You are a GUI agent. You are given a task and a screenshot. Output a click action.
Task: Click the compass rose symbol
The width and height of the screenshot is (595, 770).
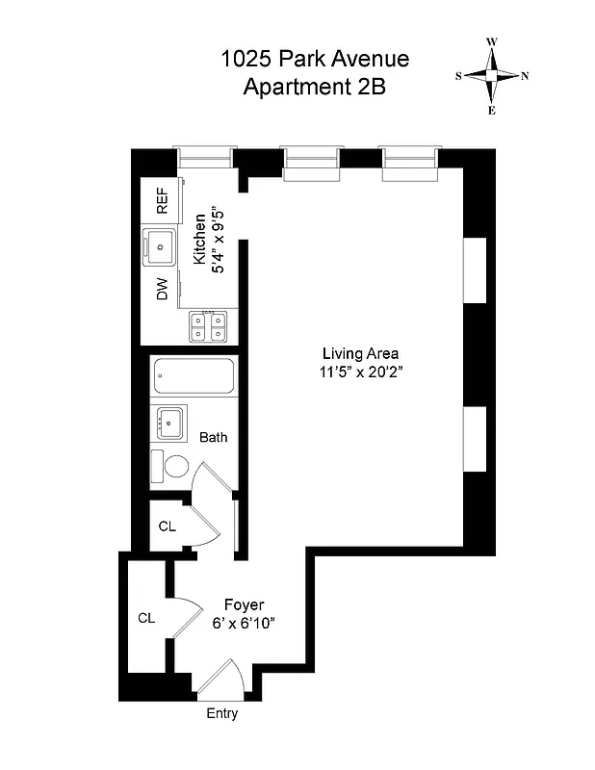click(x=492, y=76)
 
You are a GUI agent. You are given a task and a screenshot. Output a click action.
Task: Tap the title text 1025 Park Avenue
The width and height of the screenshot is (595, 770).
click(x=315, y=59)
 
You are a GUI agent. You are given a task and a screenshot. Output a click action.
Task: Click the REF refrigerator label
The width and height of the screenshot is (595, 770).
click(x=162, y=202)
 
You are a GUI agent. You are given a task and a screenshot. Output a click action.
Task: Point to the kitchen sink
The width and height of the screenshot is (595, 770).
click(x=160, y=246)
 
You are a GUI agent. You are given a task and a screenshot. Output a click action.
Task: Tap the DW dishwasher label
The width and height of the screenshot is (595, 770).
click(x=162, y=290)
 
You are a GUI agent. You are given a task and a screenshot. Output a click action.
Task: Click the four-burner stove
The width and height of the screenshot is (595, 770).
click(x=211, y=326)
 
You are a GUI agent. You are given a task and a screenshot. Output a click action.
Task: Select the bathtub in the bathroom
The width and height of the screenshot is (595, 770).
click(x=194, y=377)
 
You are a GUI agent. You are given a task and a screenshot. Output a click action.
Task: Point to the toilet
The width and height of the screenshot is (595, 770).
click(x=174, y=467)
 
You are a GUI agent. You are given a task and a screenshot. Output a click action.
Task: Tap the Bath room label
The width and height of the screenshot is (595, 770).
click(x=214, y=438)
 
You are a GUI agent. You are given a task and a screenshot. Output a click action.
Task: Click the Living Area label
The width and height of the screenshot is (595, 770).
click(x=360, y=352)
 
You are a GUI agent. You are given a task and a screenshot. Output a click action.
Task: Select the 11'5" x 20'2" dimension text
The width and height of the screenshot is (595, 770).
click(x=360, y=372)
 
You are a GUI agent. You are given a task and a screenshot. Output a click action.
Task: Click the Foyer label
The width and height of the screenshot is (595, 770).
click(x=244, y=604)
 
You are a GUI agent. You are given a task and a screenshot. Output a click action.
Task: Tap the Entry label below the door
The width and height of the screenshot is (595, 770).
click(x=221, y=714)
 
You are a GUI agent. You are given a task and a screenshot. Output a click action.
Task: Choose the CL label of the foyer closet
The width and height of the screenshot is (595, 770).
click(x=146, y=617)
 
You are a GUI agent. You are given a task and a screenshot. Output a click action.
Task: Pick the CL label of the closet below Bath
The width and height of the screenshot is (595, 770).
click(x=167, y=526)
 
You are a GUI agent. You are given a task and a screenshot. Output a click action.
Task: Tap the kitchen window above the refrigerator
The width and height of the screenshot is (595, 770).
click(x=204, y=157)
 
